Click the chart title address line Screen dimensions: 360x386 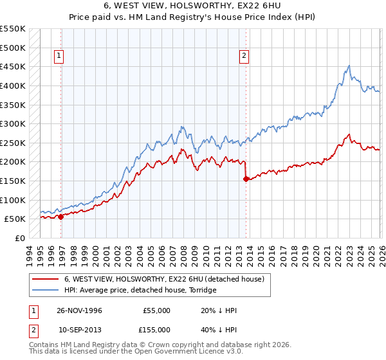point(192,6)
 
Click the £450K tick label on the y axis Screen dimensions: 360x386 point(13,66)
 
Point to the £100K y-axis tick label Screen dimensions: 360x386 point(13,200)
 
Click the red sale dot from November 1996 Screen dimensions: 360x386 point(61,217)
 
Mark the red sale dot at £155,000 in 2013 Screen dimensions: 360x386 point(245,179)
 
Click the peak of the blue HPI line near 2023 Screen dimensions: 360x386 point(349,66)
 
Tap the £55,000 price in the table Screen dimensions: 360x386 point(156,310)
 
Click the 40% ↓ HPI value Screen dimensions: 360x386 point(219,329)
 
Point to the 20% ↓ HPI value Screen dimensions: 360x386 point(219,310)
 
